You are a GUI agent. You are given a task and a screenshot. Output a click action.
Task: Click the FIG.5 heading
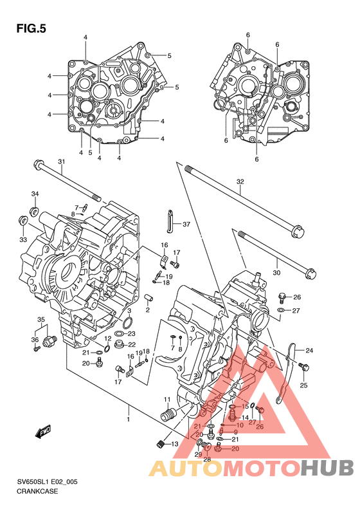pyautogui.click(x=31, y=28)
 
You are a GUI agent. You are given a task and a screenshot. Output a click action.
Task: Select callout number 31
pyautogui.click(x=62, y=162)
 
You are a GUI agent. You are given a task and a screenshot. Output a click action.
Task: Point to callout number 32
pyautogui.click(x=240, y=181)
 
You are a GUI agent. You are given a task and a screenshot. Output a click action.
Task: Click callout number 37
pyautogui.click(x=186, y=225)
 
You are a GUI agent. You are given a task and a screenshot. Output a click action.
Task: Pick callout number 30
pyautogui.click(x=276, y=273)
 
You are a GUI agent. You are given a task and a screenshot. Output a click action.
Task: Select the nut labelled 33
pyautogui.click(x=22, y=221)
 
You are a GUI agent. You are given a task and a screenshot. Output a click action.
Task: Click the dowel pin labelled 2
pyautogui.click(x=148, y=297)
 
